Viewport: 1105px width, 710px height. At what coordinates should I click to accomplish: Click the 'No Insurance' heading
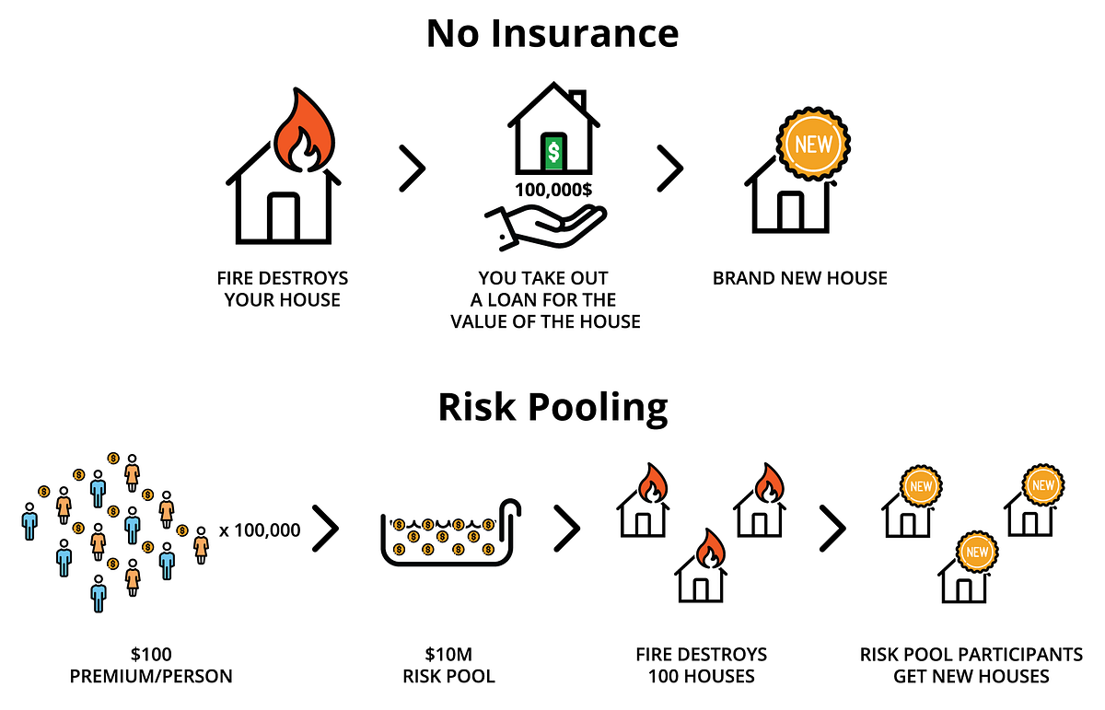[x=552, y=34]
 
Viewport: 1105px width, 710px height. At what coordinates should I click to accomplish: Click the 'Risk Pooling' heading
[x=552, y=407]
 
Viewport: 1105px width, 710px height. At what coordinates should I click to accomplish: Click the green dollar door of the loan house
[x=553, y=152]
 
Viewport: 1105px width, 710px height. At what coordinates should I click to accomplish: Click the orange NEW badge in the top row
[x=812, y=145]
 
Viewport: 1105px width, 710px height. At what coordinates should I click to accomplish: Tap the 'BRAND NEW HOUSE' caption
[x=799, y=278]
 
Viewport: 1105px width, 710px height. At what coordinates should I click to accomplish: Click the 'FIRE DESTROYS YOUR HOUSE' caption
[x=283, y=288]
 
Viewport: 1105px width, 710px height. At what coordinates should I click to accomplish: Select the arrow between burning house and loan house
[x=412, y=169]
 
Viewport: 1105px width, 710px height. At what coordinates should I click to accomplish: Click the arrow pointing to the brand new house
[x=669, y=169]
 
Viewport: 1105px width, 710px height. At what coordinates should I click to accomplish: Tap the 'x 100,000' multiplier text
[x=260, y=530]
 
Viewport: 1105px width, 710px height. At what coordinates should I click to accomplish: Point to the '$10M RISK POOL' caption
[x=448, y=665]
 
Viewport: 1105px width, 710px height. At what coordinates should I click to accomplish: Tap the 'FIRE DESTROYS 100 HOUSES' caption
[x=701, y=665]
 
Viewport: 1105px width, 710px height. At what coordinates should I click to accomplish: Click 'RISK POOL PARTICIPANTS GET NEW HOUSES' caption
[x=971, y=665]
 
